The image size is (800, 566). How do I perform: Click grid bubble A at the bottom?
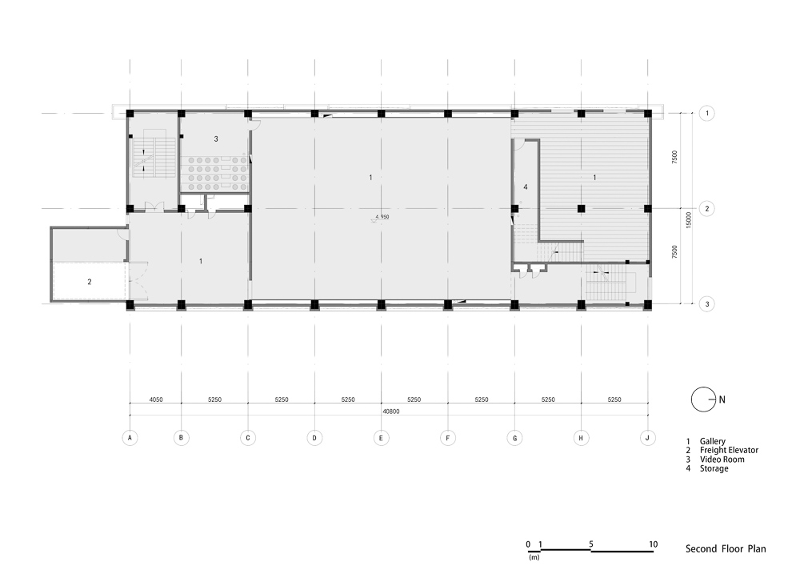point(130,438)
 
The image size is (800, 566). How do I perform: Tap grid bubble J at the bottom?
point(647,438)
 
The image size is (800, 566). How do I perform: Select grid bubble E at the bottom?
point(381,438)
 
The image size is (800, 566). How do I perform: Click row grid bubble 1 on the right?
point(706,113)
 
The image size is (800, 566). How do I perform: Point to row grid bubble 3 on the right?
point(706,304)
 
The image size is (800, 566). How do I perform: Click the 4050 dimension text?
point(156,399)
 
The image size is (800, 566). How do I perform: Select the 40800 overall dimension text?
point(391,411)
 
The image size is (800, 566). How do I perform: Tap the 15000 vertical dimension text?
point(688,220)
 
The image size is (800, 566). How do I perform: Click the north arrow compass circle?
point(703,399)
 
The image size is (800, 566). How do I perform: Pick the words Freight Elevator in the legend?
point(729,450)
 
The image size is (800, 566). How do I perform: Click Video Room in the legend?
point(722,460)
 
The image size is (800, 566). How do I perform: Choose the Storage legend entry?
point(714,468)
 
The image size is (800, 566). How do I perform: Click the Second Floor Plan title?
point(726,549)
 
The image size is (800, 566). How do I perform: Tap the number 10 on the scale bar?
point(653,544)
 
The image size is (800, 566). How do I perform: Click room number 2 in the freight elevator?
point(90,282)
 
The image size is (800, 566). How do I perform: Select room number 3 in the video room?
point(216,138)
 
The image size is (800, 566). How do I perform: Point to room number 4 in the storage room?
point(526,187)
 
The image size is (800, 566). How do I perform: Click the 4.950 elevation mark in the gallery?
point(382,217)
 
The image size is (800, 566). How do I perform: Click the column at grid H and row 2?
point(581,208)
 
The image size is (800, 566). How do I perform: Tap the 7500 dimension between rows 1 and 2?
point(674,157)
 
